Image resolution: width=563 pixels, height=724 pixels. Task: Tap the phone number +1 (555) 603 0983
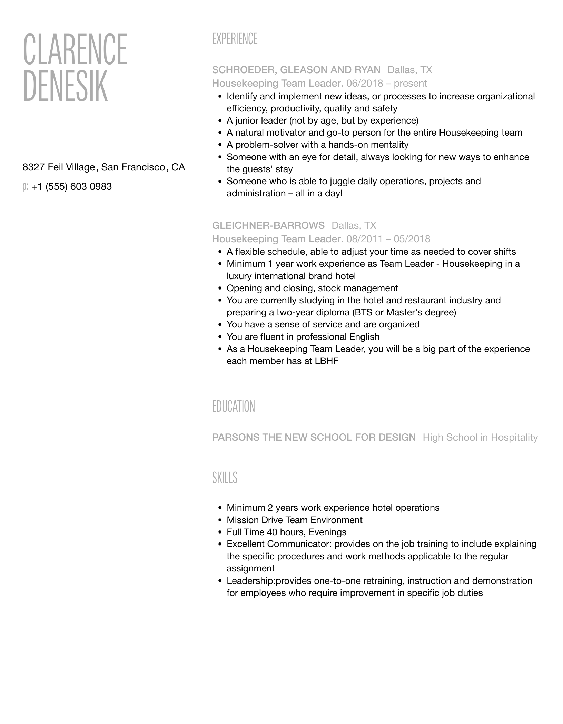71,187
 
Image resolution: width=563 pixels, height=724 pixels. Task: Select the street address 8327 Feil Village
59,167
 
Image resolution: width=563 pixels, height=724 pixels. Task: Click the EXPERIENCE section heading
235,39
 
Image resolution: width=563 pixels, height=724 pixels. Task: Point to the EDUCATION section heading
234,407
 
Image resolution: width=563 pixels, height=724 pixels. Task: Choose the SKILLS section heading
225,478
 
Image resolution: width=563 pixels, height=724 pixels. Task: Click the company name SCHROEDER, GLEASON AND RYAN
296,70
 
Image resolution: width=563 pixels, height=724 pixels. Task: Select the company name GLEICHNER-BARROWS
268,226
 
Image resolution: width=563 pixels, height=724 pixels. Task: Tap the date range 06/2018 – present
386,84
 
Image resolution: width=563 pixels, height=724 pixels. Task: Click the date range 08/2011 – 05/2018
388,239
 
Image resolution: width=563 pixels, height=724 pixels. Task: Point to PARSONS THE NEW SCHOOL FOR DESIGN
314,438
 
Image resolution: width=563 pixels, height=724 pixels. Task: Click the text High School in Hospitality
480,438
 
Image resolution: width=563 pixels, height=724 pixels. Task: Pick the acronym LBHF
326,361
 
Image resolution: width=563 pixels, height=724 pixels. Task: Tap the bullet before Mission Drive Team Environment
220,520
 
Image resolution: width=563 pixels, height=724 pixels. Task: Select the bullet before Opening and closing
220,288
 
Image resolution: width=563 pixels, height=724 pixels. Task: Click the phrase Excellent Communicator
279,544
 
